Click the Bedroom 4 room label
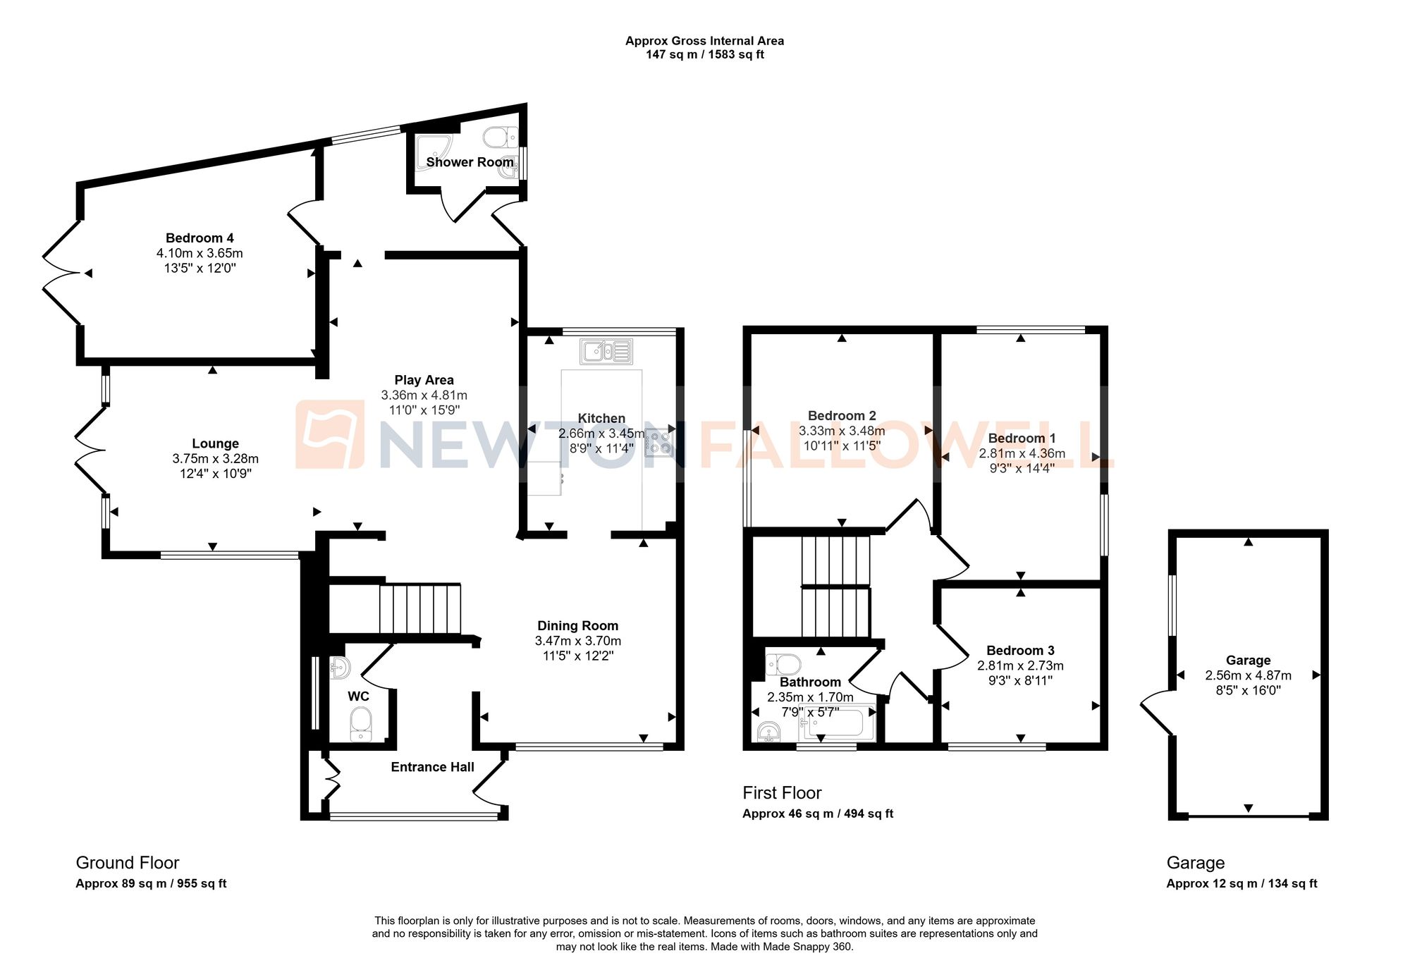tap(200, 238)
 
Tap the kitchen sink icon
tap(606, 351)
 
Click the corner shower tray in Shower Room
tap(432, 151)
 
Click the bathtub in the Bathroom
tap(840, 723)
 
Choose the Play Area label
tap(424, 380)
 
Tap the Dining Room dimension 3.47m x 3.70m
tap(577, 641)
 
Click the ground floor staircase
tap(419, 608)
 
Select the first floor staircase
tap(835, 587)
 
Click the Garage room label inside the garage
tap(1248, 661)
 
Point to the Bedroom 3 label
tap(1020, 651)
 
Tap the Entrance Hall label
tap(432, 767)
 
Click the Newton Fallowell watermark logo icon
tap(329, 434)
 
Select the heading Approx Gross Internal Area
tap(704, 41)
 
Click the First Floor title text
tap(782, 793)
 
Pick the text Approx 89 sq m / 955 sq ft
tap(151, 884)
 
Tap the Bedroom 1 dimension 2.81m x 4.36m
tap(1022, 453)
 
